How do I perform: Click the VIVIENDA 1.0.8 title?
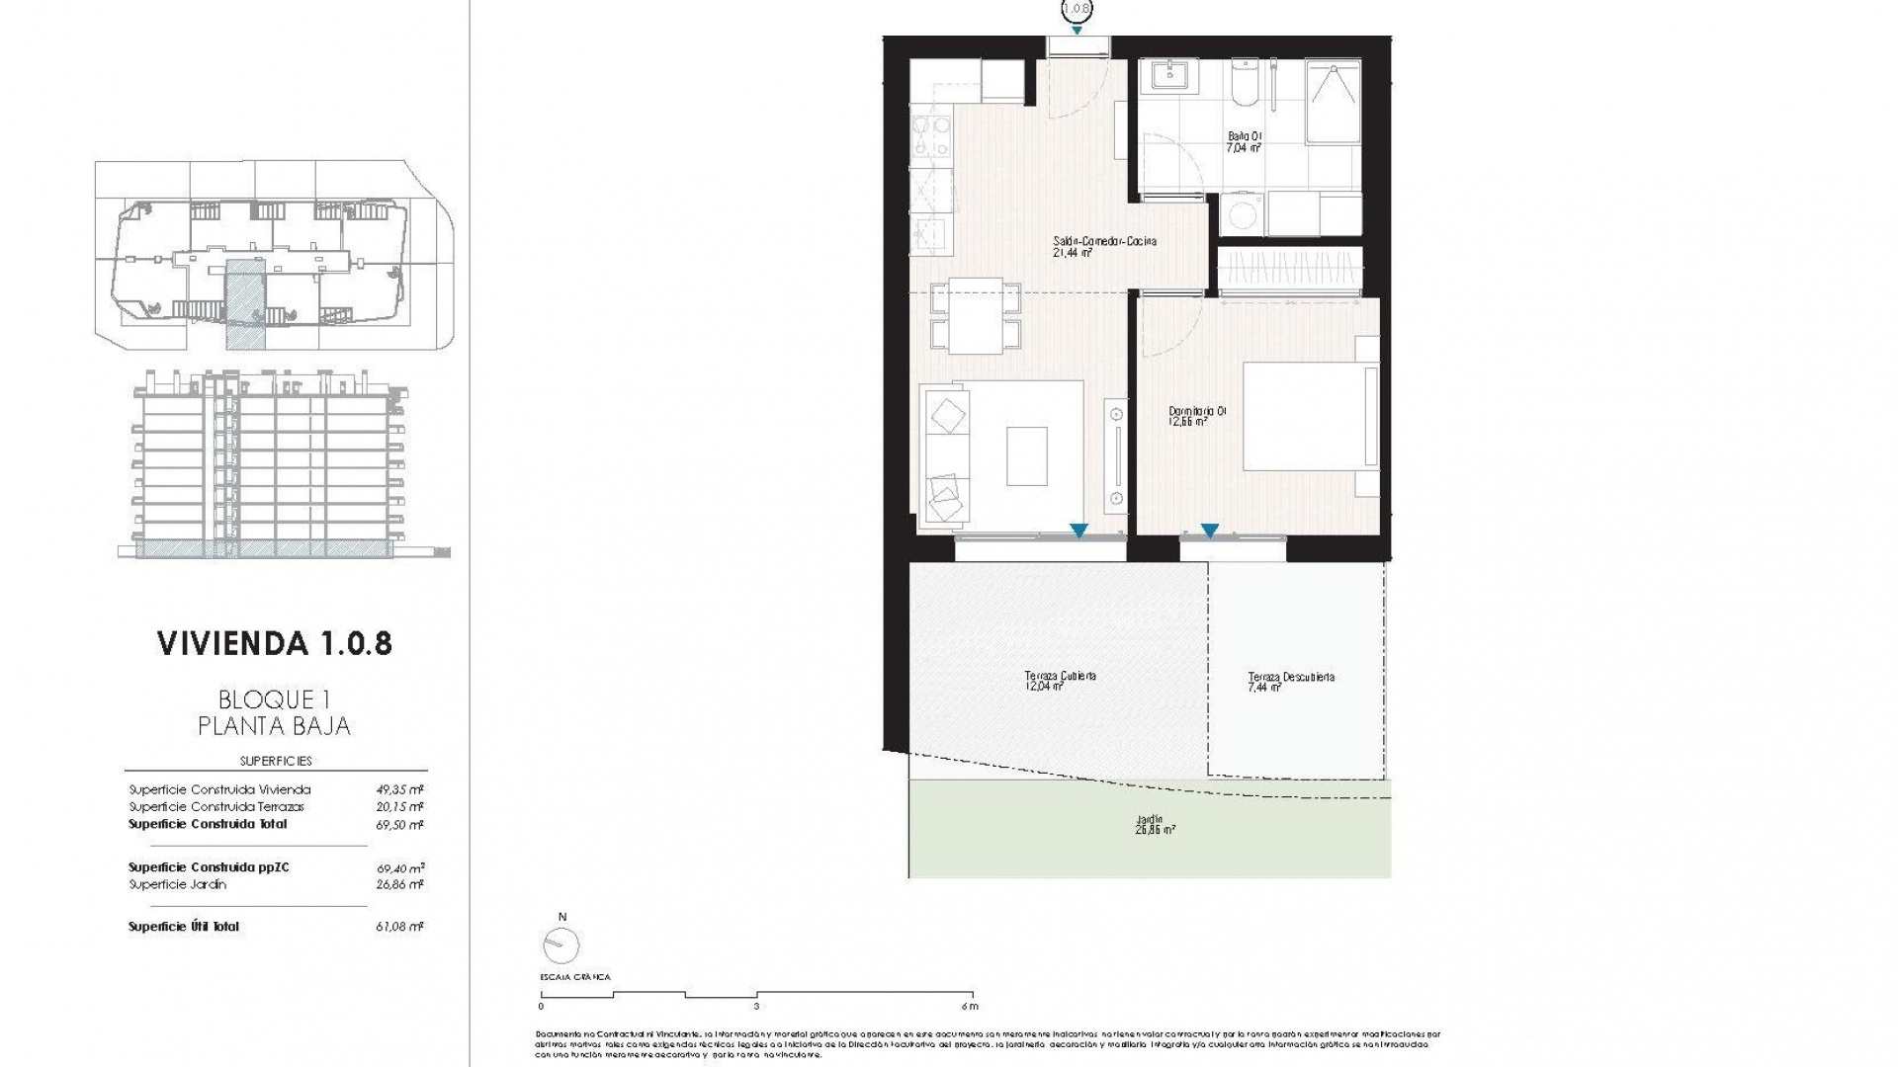274,643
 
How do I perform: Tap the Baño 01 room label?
1244,141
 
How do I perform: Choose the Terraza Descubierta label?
1290,681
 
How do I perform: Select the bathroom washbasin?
1169,75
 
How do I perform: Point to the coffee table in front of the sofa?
1027,455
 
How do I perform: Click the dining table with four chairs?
976,316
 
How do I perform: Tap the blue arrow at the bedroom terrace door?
1209,532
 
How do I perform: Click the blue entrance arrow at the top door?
1077,31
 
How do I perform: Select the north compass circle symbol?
561,945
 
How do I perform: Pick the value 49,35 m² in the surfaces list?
399,789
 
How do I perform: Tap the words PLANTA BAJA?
274,726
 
